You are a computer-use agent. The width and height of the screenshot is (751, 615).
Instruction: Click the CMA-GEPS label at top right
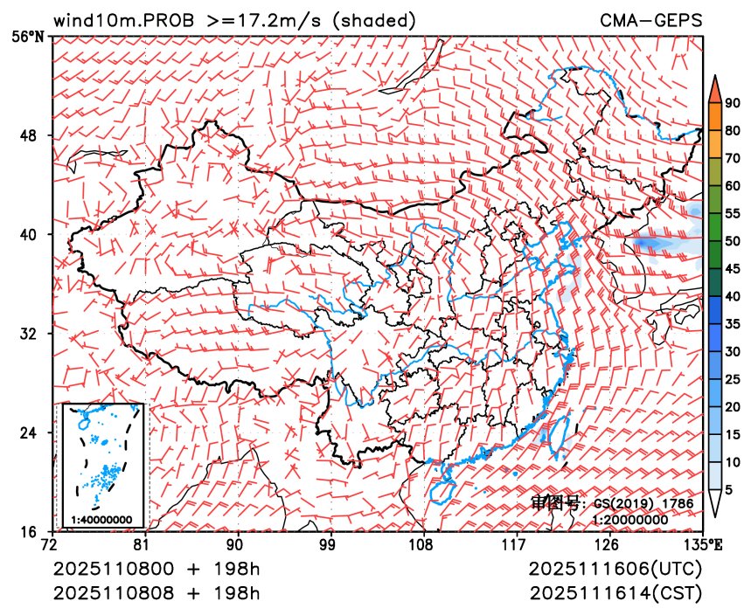651,20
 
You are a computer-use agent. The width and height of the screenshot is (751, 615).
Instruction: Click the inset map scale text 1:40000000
101,520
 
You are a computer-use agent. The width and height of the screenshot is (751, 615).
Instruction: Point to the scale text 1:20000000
630,520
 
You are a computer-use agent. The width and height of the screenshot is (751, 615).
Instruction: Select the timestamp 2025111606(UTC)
615,570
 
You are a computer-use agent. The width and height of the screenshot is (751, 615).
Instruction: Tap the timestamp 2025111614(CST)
615,593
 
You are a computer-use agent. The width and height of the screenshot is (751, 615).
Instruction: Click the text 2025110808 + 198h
157,593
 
